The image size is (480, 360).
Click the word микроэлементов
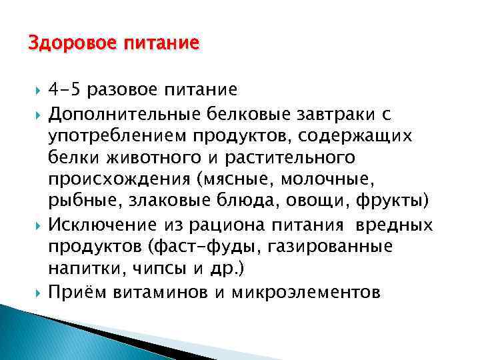tap(307, 291)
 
